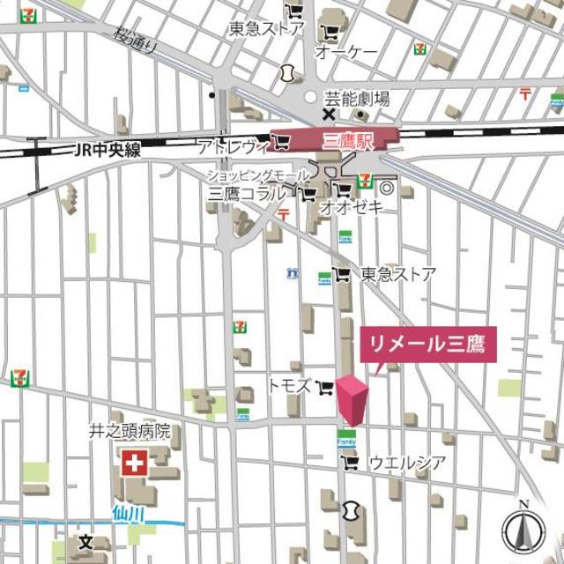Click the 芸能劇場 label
pyautogui.click(x=357, y=100)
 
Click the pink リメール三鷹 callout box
pyautogui.click(x=427, y=344)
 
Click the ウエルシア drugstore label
pyautogui.click(x=406, y=462)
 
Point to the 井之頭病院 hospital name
pyautogui.click(x=129, y=432)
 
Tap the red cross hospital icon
pyautogui.click(x=135, y=462)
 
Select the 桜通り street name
pyautogui.click(x=135, y=41)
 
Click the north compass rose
pyautogui.click(x=524, y=531)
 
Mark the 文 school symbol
pyautogui.click(x=85, y=541)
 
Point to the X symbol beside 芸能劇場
pyautogui.click(x=328, y=115)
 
